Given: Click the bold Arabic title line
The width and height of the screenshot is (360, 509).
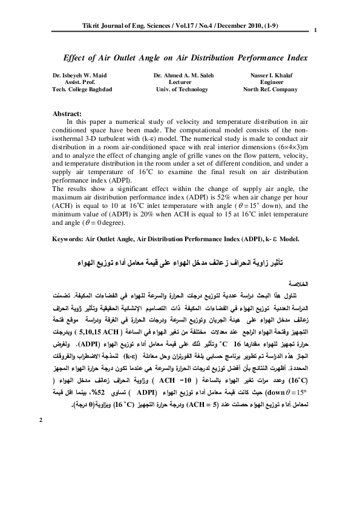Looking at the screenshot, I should (x=181, y=265).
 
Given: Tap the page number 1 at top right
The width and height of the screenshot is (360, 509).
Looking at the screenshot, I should (x=316, y=31).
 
